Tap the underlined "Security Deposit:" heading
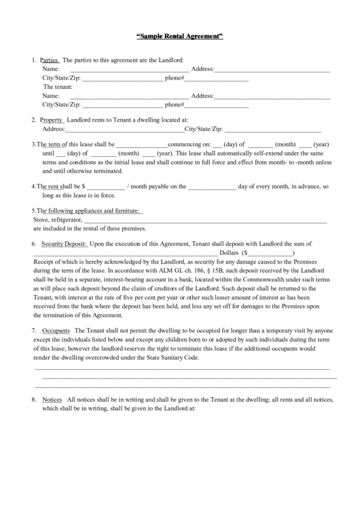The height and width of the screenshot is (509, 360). tap(64, 243)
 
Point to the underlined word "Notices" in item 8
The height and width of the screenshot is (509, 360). tap(52, 400)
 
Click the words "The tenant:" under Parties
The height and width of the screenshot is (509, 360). tap(58, 87)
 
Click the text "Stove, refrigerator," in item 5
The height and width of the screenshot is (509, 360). tap(58, 220)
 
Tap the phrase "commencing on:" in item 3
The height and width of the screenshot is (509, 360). tap(188, 144)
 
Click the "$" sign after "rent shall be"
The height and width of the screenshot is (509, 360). tap(83, 186)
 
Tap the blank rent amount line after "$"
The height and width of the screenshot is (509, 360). tap(105, 186)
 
